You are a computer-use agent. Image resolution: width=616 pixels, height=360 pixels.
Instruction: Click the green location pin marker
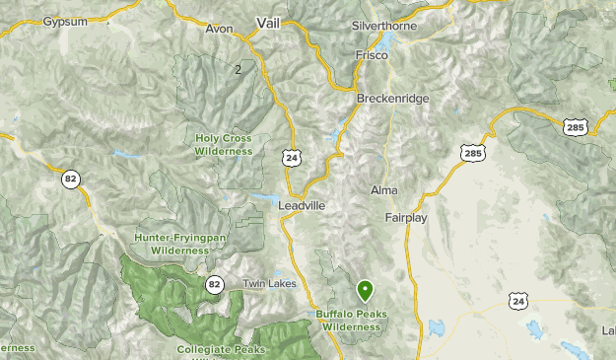pos(366,290)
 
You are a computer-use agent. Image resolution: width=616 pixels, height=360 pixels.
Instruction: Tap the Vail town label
pos(268,23)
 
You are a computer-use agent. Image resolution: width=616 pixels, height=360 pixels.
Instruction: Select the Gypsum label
pos(66,21)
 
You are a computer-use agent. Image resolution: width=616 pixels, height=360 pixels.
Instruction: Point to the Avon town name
pos(220,29)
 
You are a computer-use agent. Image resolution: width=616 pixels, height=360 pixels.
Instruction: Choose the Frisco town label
pos(372,56)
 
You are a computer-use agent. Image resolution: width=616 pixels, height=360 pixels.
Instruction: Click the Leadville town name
pos(302,205)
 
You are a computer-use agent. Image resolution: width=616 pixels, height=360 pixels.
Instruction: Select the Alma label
pos(383,189)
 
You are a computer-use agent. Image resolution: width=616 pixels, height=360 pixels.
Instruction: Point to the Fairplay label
pos(406,218)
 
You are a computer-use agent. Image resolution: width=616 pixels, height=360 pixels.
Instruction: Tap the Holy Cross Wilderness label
pos(224,145)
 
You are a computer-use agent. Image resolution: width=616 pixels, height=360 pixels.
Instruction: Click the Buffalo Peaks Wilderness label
pos(351,321)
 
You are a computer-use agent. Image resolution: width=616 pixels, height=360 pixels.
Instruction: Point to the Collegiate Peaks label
pos(222,350)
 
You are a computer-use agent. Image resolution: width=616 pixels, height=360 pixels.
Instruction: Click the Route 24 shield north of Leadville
pos(291,157)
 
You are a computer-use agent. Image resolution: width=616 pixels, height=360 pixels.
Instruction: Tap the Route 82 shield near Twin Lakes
pos(214,284)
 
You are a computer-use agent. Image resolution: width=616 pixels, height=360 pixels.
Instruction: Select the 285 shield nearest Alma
pos(473,153)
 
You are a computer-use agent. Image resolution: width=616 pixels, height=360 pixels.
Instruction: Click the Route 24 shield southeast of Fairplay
pos(519,300)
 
